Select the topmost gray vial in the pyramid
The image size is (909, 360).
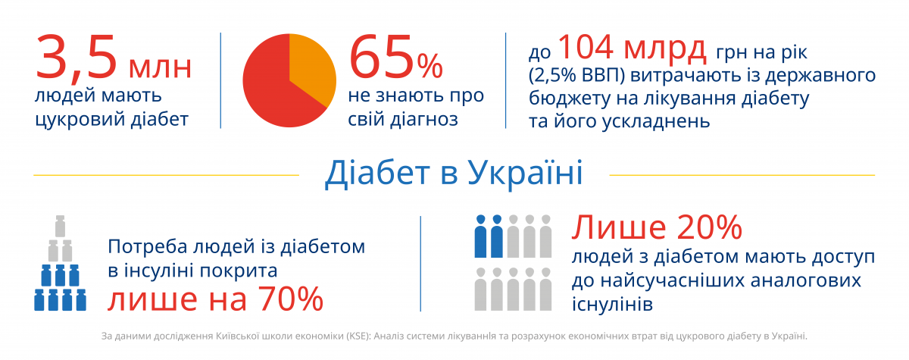(60, 225)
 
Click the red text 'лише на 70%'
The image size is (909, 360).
(215, 299)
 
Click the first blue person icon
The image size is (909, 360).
(479, 236)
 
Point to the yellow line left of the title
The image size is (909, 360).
(167, 175)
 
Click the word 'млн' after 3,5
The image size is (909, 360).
(160, 68)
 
